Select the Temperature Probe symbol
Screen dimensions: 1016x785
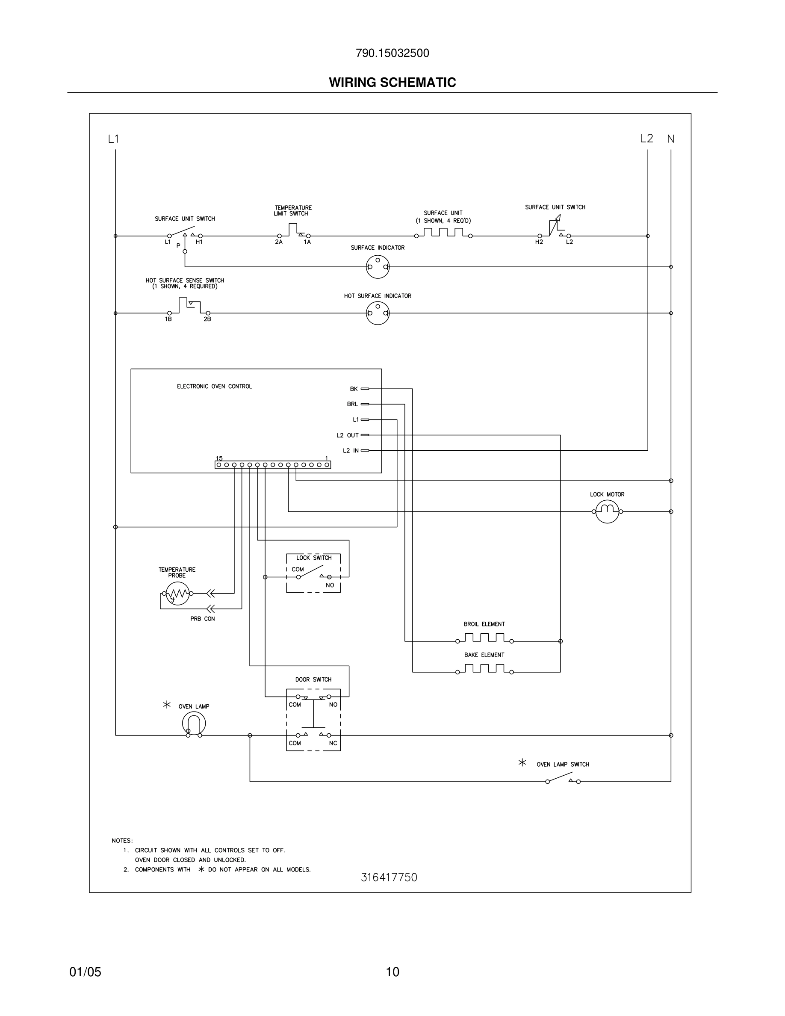pos(177,593)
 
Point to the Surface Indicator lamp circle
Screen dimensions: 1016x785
pos(378,267)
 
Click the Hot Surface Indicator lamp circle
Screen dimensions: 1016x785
pos(378,313)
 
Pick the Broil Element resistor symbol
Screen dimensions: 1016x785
pos(484,638)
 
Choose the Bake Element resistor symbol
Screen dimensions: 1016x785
pos(484,669)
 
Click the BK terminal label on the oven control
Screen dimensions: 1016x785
pos(354,389)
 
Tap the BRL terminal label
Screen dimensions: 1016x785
pos(352,404)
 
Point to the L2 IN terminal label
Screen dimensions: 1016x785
pos(351,451)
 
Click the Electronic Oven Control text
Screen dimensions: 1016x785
pos(214,387)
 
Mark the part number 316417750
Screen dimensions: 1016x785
pos(389,877)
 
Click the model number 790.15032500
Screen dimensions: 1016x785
pos(392,53)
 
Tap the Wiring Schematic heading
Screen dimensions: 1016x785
pos(392,83)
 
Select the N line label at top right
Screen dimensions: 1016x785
pos(670,139)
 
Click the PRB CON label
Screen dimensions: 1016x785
pos(202,619)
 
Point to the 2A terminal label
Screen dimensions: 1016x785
pos(279,242)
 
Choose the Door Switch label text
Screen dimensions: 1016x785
pos(313,679)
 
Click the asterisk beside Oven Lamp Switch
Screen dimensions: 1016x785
pos(522,762)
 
